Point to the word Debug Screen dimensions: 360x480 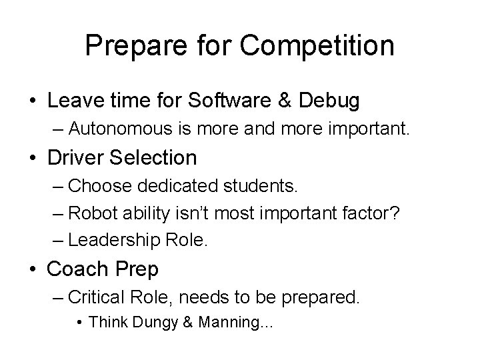pos(330,101)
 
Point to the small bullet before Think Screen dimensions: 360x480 pos(79,323)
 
